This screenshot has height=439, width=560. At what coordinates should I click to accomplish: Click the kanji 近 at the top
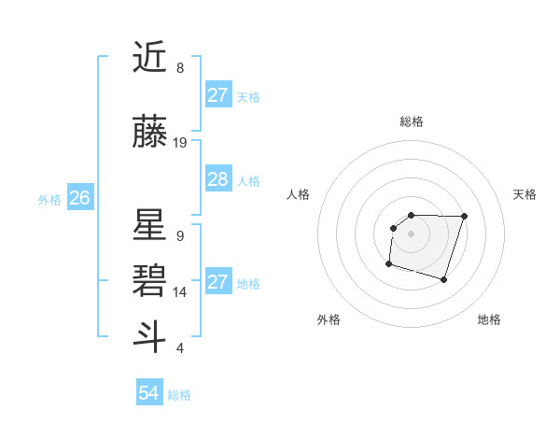click(150, 58)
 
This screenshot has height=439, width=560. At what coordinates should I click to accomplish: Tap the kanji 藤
click(150, 133)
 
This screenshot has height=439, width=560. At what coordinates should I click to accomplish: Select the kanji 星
click(150, 226)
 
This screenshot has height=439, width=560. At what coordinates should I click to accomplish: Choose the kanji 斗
click(150, 336)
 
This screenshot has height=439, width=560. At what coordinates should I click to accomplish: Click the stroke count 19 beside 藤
click(180, 143)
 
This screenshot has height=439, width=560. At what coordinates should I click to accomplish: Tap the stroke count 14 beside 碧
click(180, 292)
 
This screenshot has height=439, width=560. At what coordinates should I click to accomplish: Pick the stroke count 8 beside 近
click(180, 68)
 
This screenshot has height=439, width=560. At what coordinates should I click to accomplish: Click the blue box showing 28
click(218, 179)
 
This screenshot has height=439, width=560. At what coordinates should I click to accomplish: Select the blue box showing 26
click(80, 198)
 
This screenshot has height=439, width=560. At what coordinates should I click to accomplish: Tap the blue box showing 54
click(149, 394)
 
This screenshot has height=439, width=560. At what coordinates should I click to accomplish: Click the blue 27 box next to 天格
click(218, 95)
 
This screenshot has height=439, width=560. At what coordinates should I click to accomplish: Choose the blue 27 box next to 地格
click(218, 282)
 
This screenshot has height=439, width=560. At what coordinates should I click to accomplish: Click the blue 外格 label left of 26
click(49, 199)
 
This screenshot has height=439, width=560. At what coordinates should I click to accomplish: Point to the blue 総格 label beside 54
click(179, 395)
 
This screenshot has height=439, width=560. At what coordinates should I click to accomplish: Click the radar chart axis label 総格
click(412, 121)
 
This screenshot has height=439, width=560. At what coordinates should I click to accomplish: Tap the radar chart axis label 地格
click(489, 319)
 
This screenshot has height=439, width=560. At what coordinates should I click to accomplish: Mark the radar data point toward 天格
click(465, 217)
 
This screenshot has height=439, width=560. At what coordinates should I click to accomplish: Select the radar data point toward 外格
click(388, 264)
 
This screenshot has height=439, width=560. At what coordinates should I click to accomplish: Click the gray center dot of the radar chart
click(412, 233)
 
